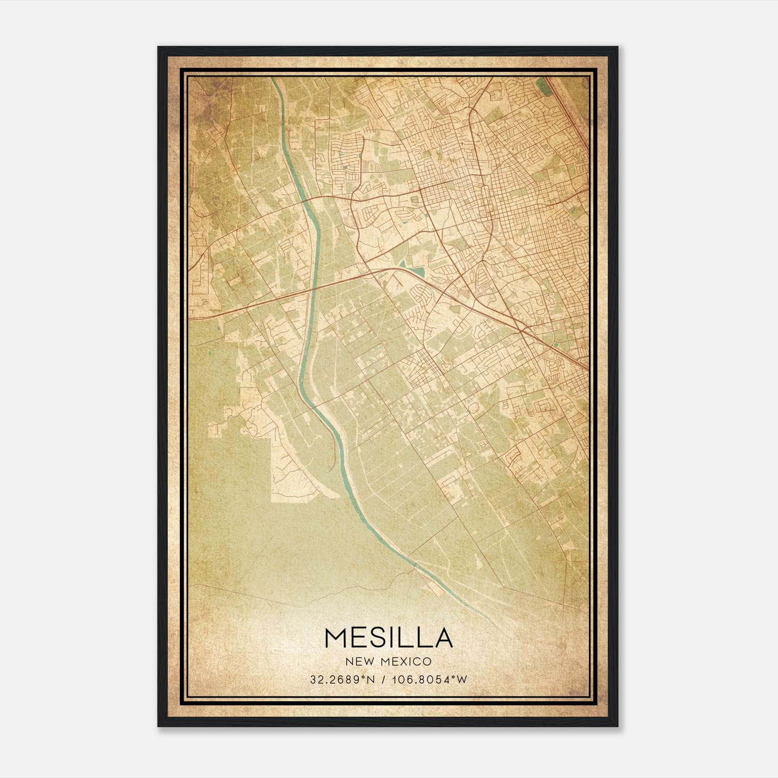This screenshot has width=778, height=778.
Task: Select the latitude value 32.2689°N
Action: point(342,680)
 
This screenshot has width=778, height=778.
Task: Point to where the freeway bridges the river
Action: point(315,287)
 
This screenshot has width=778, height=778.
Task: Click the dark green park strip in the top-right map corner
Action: point(543,87)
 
